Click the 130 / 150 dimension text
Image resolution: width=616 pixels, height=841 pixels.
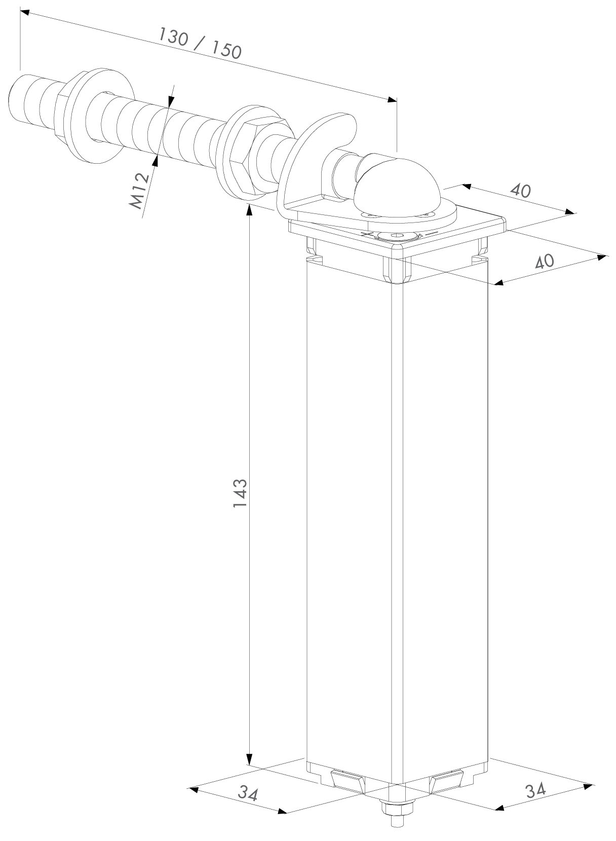(200, 44)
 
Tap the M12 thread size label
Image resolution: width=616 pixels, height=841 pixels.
(139, 191)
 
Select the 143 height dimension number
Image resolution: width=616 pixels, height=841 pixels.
(240, 493)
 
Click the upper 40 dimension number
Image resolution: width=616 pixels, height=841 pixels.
(520, 191)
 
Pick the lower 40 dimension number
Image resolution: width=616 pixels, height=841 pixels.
(545, 261)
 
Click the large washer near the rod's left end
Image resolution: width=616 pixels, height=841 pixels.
(98, 116)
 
